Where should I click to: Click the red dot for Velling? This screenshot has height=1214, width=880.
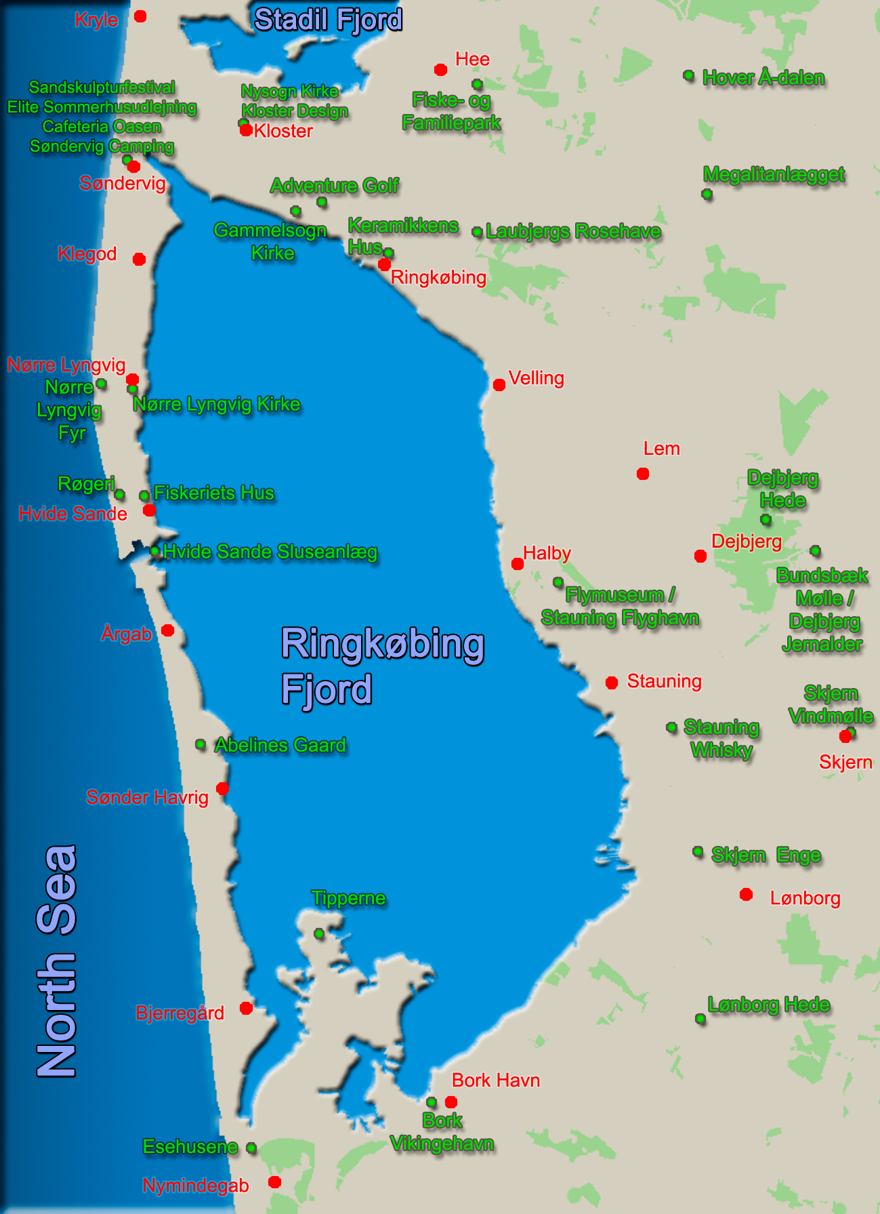point(499,385)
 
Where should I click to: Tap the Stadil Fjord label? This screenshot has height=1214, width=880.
point(329,20)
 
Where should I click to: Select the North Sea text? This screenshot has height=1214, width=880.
point(56,961)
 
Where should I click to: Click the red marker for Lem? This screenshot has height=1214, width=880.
point(643,474)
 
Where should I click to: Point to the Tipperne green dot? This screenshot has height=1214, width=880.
point(319,933)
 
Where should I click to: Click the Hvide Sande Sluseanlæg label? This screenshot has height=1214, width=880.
point(270,552)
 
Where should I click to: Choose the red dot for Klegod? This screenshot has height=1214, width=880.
point(140,260)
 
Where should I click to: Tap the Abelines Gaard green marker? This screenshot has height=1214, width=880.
point(201,744)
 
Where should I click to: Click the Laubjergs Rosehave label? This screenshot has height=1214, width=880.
point(573,231)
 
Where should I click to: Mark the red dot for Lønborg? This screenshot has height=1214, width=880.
point(747,895)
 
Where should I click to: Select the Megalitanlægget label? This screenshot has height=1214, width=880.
point(774,175)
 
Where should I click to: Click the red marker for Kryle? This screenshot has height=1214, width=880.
point(140,16)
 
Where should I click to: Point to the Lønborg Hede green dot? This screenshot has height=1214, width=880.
point(700,1019)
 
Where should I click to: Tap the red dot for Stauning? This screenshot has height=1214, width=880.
point(612,683)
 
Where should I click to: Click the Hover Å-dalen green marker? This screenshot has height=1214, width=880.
point(689,75)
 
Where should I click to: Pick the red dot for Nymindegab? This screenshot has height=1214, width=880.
point(274,1182)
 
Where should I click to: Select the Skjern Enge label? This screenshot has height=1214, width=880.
point(766,855)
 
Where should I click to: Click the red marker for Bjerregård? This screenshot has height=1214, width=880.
point(247,1009)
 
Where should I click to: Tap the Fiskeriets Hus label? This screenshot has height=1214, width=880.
point(214,493)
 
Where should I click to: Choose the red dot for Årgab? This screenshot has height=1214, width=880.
point(168,630)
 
